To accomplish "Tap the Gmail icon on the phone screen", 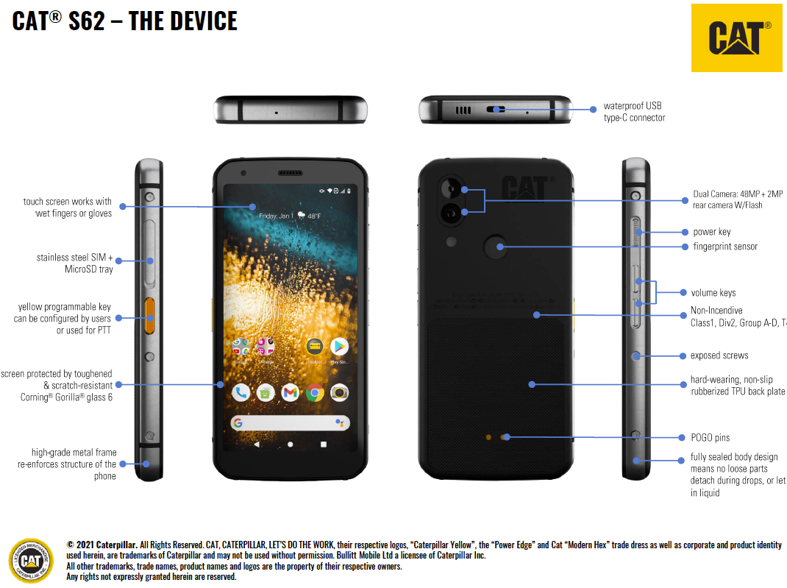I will pos(291,393).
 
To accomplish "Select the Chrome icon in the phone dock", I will pos(315,393).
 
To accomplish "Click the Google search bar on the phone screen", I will pos(290,423).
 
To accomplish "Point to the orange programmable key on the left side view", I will pos(149,317).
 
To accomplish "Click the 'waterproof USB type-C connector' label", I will pos(634,112).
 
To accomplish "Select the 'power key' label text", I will pos(711,232).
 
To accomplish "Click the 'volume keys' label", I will pos(713,293).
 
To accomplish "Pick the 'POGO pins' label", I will pos(710,438).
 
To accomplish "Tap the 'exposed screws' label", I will pos(719,355).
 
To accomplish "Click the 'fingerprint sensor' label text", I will pos(724,247).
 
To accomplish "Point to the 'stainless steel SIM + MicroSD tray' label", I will pos(75,263).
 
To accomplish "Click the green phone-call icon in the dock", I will pos(241,393).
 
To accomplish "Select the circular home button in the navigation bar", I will pos(291,444).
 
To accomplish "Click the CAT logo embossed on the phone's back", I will pos(524,188).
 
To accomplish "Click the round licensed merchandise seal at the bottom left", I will pos(31,561).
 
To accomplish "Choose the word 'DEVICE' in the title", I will pos(199,21).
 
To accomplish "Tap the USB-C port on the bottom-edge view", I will pos(495,110).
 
